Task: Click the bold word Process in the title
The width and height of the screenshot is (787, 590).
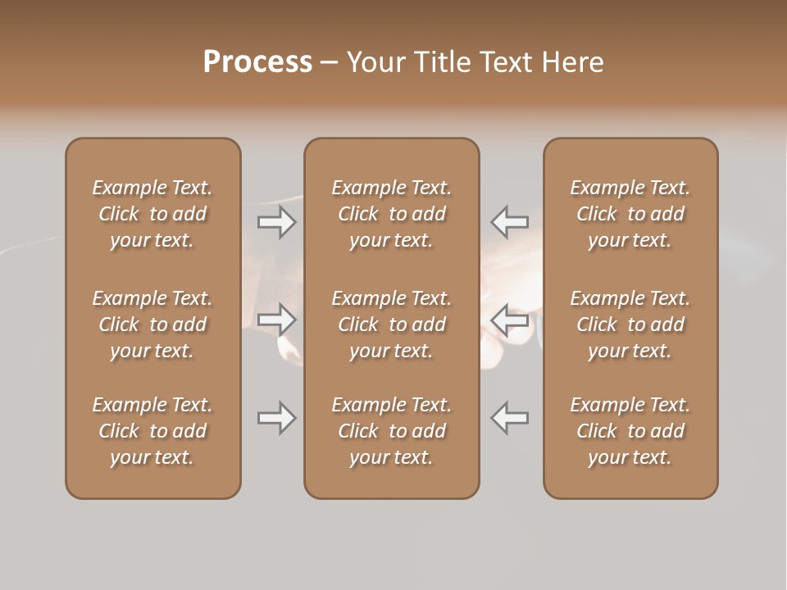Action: pos(257,62)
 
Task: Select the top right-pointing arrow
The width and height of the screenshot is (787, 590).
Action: pos(276,222)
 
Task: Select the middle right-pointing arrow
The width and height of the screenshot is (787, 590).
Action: pos(276,320)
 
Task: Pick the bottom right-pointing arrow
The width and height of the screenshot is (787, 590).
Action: pos(276,418)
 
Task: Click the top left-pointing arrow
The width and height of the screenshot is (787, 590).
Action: pos(510,222)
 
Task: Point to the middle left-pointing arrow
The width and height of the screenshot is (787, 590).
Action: pos(510,320)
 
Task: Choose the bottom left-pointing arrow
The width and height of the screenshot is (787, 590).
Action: pos(510,418)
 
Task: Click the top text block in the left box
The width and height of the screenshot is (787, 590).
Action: pos(152,214)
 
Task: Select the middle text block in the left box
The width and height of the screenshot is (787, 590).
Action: pos(152,324)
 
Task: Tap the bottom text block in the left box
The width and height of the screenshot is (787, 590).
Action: pos(152,431)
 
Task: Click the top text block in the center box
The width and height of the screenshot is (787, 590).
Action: pos(391,214)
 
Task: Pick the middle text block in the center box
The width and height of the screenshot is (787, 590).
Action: pos(391,324)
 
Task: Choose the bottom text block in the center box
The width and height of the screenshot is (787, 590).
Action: pos(391,431)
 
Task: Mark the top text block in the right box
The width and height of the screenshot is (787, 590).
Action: pos(630,214)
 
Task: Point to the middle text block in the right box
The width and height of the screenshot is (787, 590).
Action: pos(630,324)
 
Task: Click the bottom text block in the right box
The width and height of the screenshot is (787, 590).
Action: pos(630,431)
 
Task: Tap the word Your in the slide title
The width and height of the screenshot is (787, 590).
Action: pos(374,62)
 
